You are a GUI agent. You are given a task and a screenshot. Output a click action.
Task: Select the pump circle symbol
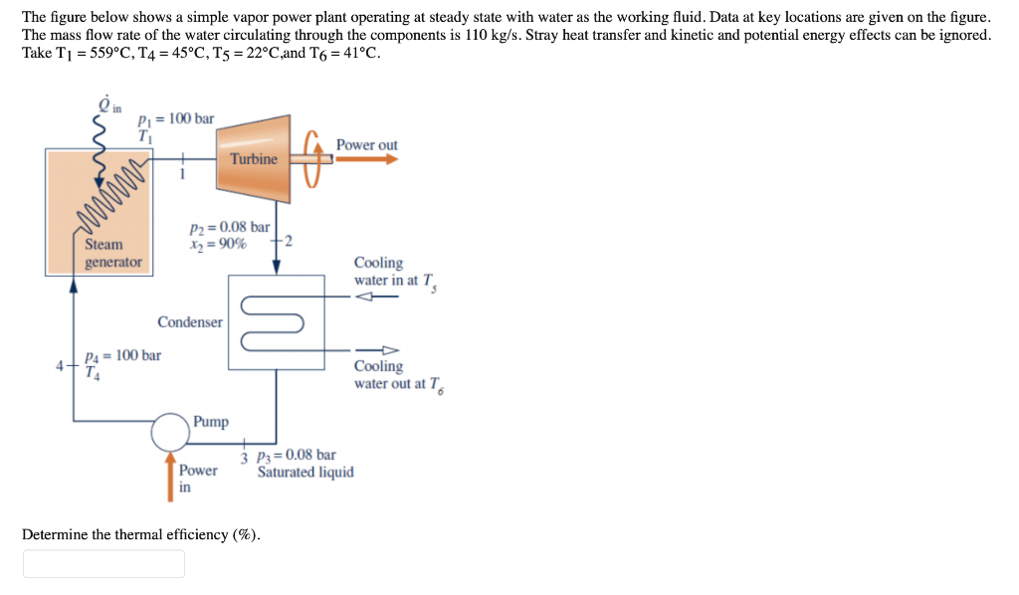tap(170, 432)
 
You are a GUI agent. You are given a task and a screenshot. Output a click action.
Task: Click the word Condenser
tap(189, 322)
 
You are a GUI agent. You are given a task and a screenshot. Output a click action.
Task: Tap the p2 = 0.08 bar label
tap(229, 227)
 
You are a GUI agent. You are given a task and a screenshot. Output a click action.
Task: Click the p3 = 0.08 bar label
tap(296, 456)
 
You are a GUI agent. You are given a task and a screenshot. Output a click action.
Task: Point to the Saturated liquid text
tap(306, 472)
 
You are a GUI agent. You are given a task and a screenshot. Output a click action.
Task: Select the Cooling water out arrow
tap(383, 350)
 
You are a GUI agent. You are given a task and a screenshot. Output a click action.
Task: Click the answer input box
tap(103, 564)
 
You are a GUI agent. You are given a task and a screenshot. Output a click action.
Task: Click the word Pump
tap(210, 422)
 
